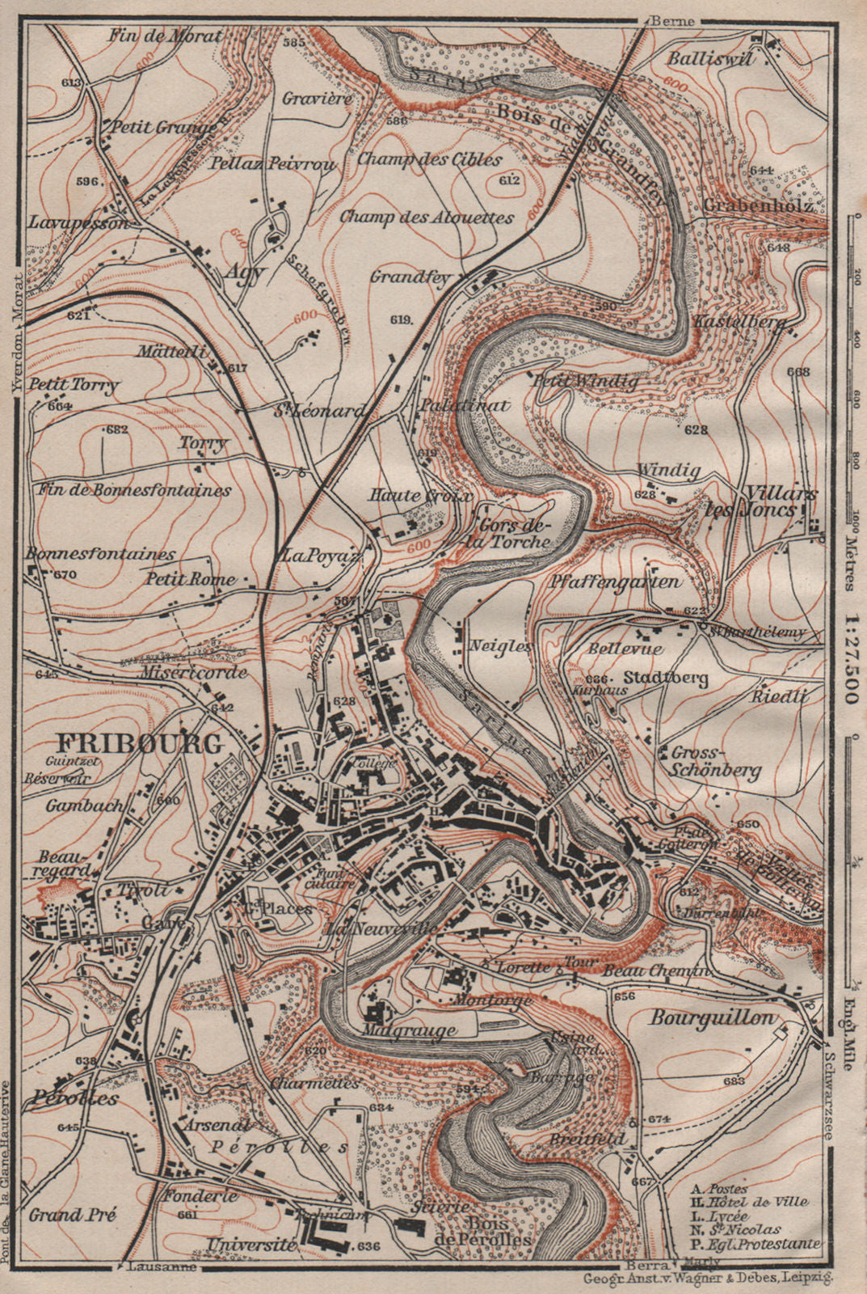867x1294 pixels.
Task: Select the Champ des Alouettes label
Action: click(x=427, y=217)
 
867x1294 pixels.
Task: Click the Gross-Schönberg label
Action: click(x=716, y=761)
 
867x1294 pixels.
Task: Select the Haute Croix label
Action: click(x=420, y=496)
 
